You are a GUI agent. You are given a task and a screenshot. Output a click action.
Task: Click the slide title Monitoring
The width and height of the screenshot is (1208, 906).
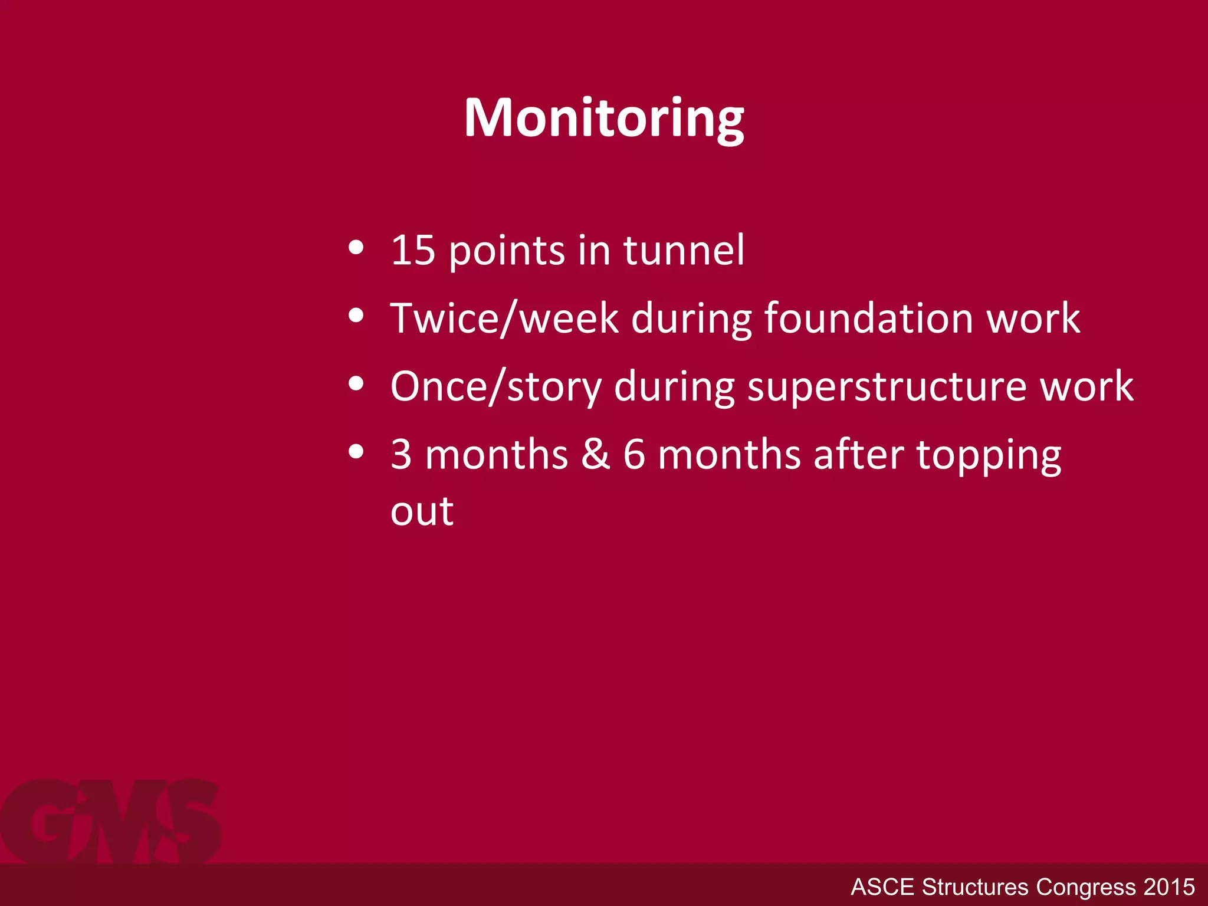click(603, 119)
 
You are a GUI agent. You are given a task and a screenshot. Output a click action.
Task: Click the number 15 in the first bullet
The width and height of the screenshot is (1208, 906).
click(412, 251)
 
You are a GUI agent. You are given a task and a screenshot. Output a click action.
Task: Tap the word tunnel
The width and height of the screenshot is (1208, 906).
click(684, 251)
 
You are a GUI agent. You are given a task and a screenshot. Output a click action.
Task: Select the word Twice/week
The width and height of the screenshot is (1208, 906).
click(504, 319)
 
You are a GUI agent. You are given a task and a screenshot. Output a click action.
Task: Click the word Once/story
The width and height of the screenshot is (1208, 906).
click(495, 387)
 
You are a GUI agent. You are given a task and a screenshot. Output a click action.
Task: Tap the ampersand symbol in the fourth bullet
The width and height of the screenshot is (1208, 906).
click(595, 455)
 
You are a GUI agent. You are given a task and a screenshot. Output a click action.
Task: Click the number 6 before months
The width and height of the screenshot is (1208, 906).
click(634, 455)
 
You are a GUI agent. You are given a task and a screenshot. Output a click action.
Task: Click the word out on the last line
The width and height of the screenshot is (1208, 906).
click(422, 511)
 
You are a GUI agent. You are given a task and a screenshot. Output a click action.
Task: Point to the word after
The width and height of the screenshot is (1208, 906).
click(858, 455)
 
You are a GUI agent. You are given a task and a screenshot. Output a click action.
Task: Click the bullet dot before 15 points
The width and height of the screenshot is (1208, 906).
click(356, 248)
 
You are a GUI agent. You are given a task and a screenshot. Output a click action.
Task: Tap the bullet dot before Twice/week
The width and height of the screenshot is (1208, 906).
click(356, 316)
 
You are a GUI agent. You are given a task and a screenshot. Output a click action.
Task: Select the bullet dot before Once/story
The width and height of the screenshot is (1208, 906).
click(356, 384)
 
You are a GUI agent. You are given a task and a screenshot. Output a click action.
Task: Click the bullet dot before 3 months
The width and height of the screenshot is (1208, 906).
click(356, 452)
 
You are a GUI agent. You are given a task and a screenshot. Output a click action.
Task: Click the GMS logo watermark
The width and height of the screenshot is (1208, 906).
click(111, 821)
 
